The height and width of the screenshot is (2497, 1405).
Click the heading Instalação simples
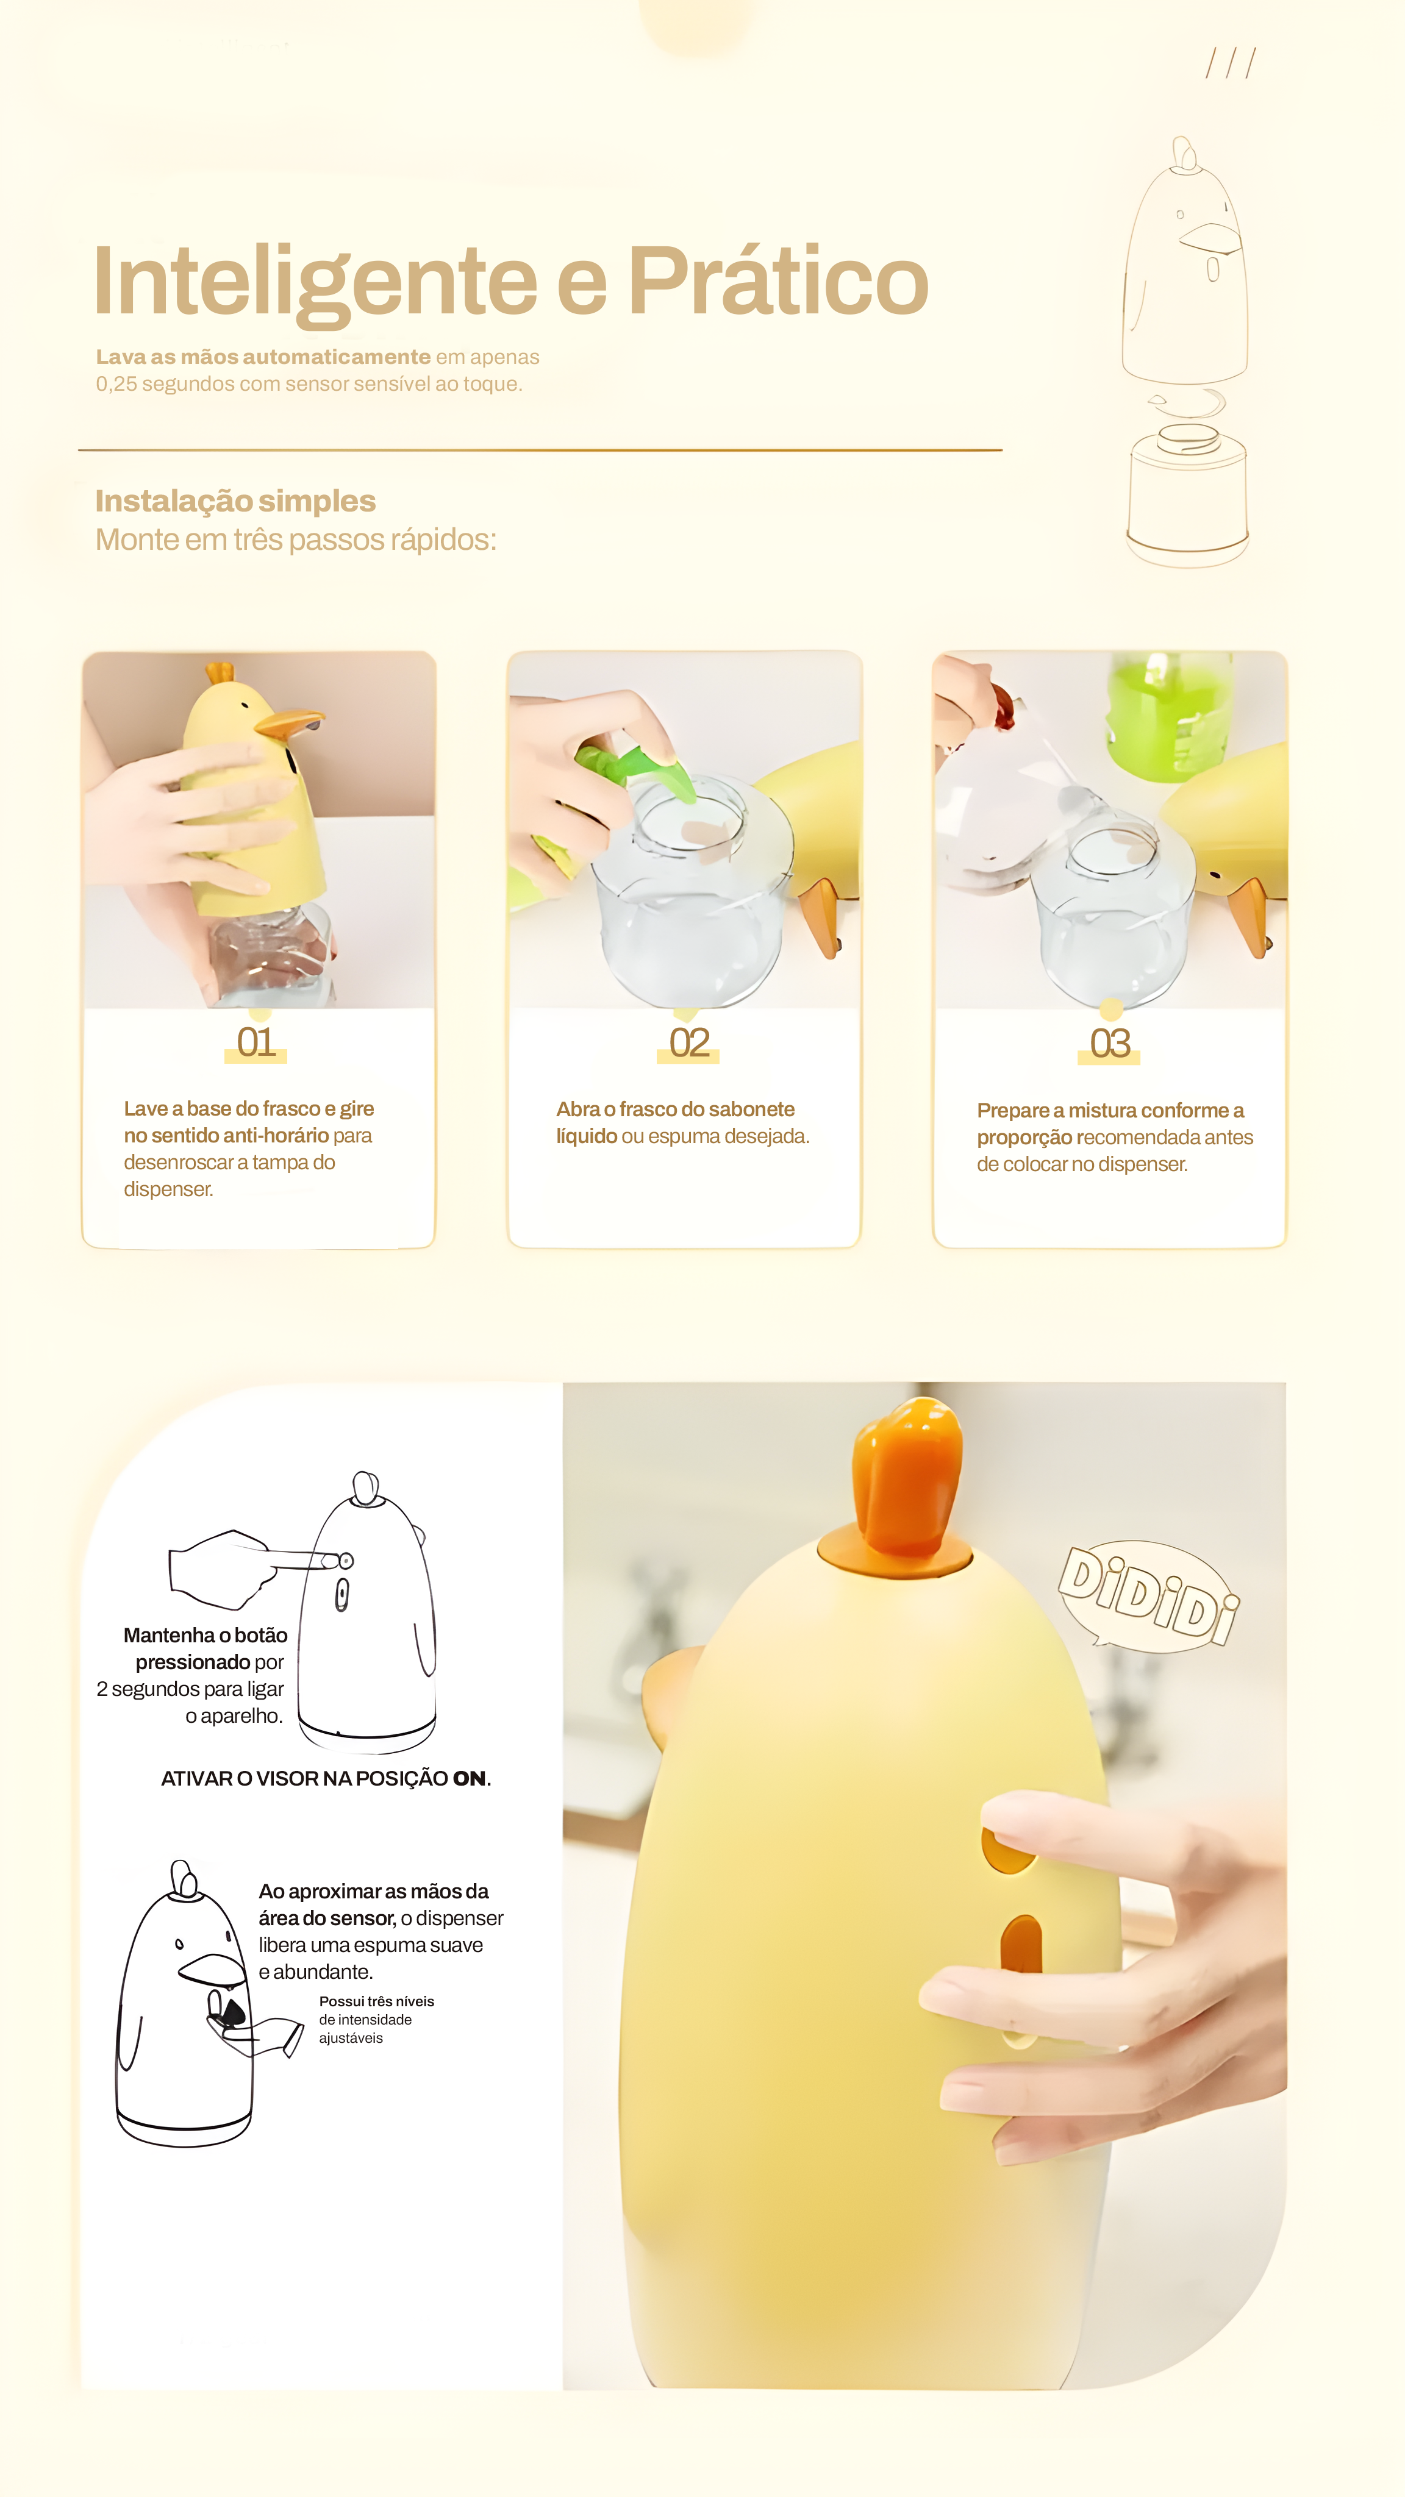(235, 501)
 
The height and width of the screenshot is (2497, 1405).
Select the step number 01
(256, 1043)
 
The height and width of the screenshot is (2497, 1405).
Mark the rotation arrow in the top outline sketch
(1188, 401)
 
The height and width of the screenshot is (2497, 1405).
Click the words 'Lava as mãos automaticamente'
(263, 357)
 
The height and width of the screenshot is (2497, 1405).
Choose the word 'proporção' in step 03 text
(1024, 1138)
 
